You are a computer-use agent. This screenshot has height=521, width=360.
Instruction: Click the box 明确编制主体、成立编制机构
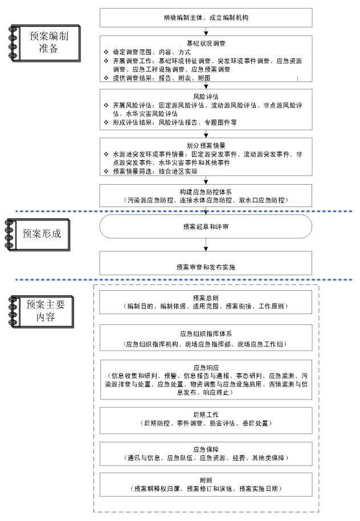click(206, 18)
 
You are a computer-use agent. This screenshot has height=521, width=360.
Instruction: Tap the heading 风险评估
click(206, 96)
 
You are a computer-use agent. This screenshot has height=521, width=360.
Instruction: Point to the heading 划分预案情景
click(206, 145)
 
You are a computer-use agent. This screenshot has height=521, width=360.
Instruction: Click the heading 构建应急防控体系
click(206, 192)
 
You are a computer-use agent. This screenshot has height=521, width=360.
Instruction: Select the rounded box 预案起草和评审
click(206, 226)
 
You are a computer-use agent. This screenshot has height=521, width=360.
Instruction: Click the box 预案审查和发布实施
click(206, 267)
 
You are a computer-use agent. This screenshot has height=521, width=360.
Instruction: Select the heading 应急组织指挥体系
click(206, 332)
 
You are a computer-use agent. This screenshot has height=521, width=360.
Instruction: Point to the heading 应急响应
click(206, 368)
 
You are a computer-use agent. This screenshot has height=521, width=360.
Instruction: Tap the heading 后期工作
click(206, 414)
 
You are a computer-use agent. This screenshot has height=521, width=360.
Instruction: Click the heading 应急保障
click(206, 449)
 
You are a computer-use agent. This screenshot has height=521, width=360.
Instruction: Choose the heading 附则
click(206, 480)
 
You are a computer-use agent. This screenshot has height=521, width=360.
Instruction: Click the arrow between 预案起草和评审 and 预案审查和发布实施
click(206, 244)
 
